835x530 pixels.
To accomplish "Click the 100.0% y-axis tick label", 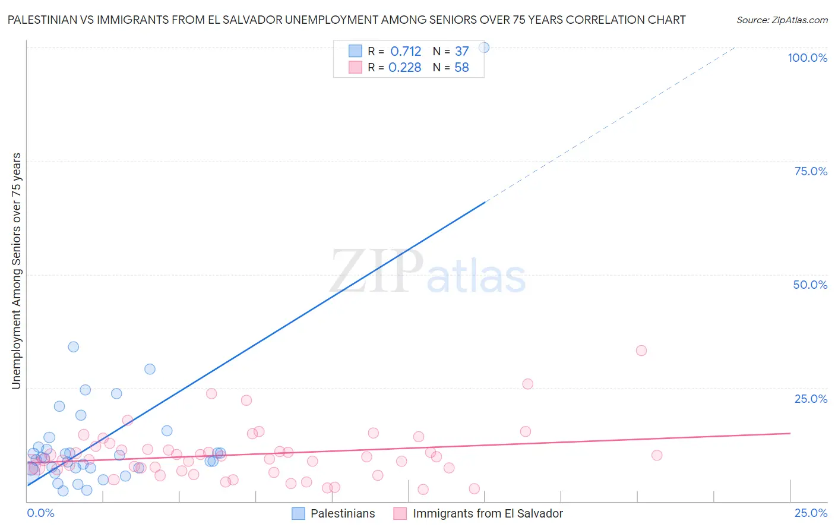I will [807, 58].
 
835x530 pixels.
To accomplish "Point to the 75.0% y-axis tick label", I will [811, 171].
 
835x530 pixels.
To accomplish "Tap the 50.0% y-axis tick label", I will [810, 285].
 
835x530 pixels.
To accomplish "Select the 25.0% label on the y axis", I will [811, 399].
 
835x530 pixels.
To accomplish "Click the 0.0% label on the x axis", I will [40, 513].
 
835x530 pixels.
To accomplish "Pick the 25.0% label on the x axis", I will [811, 513].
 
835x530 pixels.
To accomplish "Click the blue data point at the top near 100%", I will [484, 48].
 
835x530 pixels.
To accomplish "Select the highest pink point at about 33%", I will [641, 351].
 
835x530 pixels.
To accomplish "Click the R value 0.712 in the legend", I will [406, 52].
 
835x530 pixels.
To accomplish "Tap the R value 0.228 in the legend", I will [404, 68].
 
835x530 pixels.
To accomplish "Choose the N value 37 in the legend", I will [462, 52].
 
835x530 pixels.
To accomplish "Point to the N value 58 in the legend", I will [461, 68].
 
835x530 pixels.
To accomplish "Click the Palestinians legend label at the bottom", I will [343, 513].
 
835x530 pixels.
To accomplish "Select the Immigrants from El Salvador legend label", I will [488, 513].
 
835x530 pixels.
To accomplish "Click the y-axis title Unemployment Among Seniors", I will [16, 271].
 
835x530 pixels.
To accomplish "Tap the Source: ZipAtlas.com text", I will [782, 20].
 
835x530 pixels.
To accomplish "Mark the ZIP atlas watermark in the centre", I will [428, 272].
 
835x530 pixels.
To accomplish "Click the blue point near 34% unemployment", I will [74, 347].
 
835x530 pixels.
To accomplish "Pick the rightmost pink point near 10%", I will [657, 455].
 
